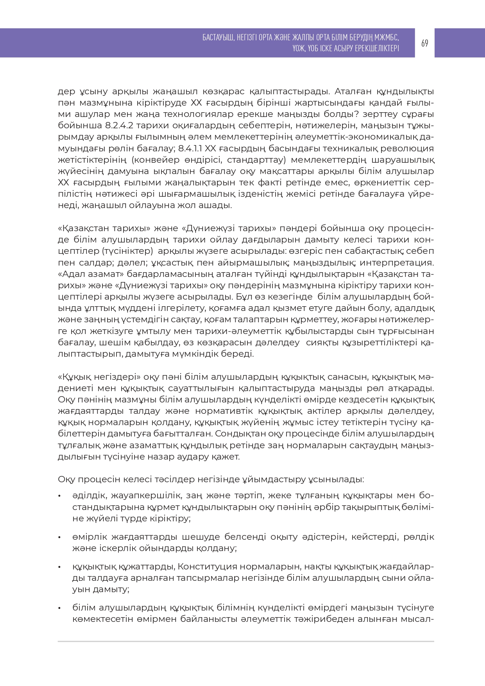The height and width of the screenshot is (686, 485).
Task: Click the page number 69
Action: (x=424, y=43)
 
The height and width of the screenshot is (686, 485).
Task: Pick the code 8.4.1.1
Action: (x=190, y=148)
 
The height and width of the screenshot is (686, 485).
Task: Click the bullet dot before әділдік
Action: (x=59, y=496)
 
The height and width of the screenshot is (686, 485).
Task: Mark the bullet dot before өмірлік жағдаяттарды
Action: (x=59, y=537)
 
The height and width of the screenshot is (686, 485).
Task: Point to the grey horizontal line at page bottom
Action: (x=246, y=641)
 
